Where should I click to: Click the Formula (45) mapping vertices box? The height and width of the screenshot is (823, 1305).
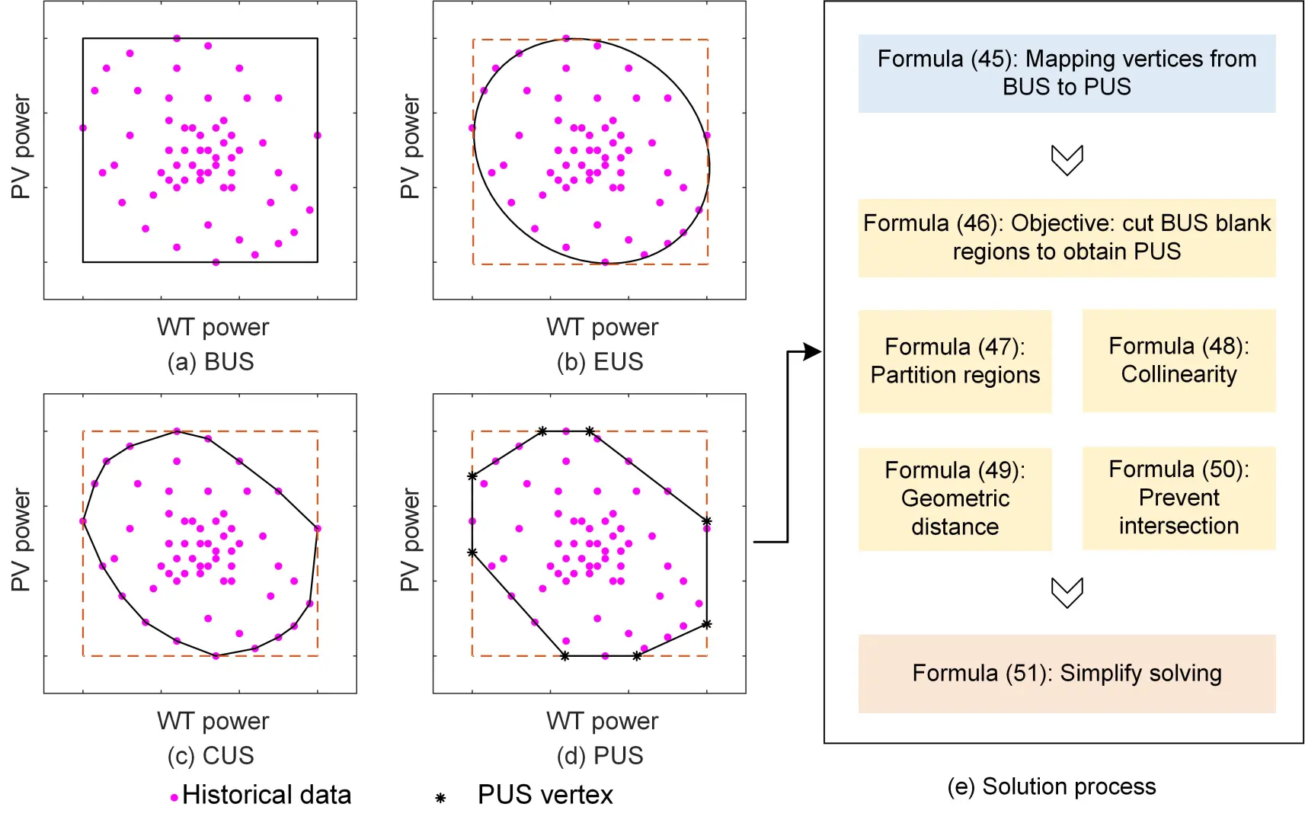coord(1067,73)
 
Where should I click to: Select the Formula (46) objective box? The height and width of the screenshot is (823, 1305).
coord(1067,238)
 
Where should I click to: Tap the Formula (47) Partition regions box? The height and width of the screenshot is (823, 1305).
coord(955,361)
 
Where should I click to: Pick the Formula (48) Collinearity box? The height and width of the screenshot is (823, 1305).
coord(1179,360)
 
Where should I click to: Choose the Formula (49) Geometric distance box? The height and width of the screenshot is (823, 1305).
coord(955,498)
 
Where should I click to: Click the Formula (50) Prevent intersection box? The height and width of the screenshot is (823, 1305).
coord(1179,498)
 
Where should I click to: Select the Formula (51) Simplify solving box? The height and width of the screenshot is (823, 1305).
coord(1067,674)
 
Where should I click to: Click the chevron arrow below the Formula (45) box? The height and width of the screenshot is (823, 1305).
coord(1067,160)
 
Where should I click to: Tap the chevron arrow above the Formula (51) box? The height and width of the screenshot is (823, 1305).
coord(1067,592)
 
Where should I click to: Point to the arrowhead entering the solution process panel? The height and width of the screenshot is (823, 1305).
coord(814,351)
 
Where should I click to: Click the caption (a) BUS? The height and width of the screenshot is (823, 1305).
coord(210,361)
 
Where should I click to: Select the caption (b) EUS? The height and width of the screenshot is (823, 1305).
coord(600,361)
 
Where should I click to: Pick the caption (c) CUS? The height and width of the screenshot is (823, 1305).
coord(210,755)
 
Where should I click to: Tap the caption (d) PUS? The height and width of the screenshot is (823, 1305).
coord(600,755)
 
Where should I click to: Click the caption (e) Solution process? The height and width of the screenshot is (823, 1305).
coord(1051,786)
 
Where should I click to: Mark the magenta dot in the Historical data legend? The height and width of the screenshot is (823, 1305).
coord(174,798)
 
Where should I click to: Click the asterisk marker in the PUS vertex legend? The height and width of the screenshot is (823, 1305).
coord(440,798)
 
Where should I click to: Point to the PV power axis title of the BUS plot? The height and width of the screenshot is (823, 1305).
coord(21,147)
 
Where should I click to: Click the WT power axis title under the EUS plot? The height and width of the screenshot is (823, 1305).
coord(602,327)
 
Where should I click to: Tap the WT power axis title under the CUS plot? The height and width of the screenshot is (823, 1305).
coord(213,721)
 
